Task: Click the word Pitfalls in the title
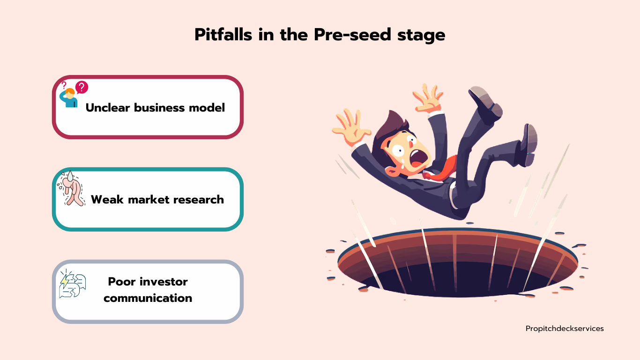223,35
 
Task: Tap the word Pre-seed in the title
352,35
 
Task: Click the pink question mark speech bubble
82,87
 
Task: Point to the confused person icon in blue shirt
68,98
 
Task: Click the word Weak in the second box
107,200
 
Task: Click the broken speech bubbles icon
73,284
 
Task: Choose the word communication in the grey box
148,298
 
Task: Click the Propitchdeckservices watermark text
565,329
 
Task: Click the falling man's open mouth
418,159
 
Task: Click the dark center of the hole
457,279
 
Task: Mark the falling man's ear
391,171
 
